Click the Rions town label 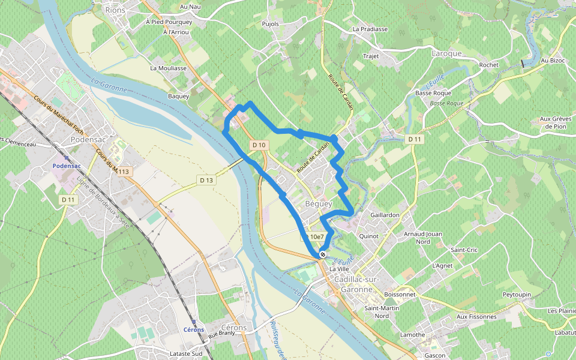115,10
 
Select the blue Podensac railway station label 66,166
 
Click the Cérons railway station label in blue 193,329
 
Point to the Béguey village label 319,204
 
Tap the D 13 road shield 206,180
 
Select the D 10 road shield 259,145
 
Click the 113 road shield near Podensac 124,172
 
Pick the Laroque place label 447,53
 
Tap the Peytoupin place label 517,295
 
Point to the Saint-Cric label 464,250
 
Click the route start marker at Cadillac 323,254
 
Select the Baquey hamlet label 178,96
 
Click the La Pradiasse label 370,29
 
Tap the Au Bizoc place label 553,61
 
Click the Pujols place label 271,24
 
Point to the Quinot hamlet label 368,236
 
